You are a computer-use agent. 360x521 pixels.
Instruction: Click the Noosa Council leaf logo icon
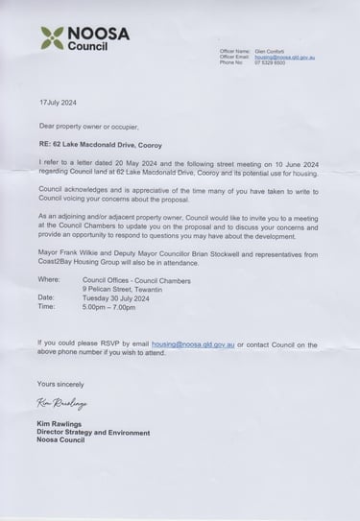click(50, 38)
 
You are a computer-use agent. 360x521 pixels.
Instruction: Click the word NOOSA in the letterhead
click(97, 33)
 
